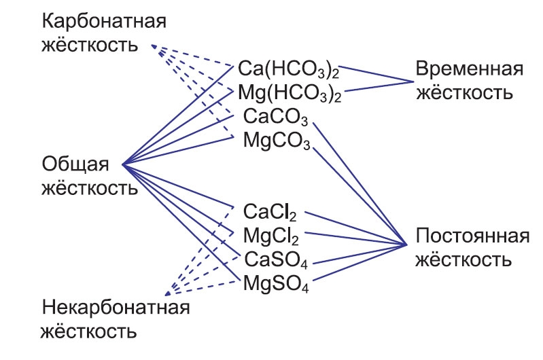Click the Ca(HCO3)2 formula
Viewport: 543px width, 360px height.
(289, 69)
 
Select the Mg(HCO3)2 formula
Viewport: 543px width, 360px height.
(289, 93)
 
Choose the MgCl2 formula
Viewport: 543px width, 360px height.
(270, 236)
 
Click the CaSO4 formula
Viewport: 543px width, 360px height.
(272, 259)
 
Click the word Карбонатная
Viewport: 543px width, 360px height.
(104, 22)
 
